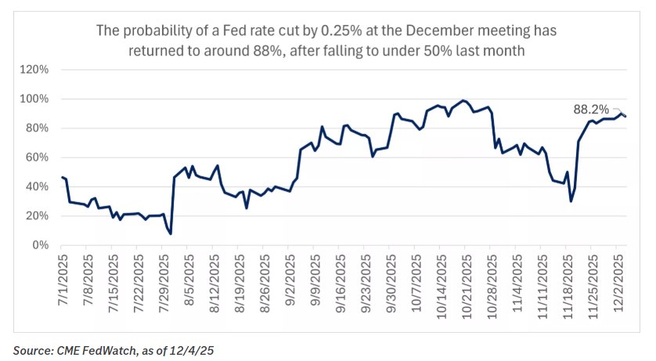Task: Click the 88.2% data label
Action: pyautogui.click(x=591, y=110)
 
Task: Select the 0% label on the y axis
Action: pyautogui.click(x=41, y=245)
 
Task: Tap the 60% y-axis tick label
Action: pyautogui.click(x=37, y=157)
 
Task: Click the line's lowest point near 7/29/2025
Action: pyautogui.click(x=170, y=233)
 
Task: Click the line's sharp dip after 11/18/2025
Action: pyautogui.click(x=571, y=201)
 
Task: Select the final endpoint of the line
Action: pyautogui.click(x=625, y=116)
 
